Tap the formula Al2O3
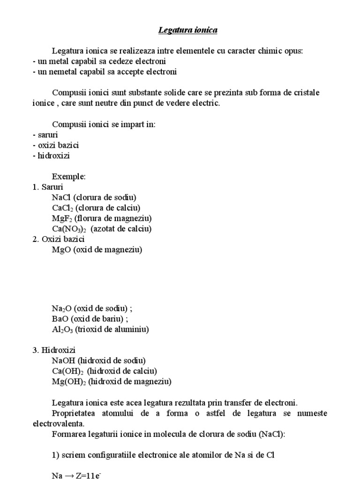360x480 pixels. (62, 330)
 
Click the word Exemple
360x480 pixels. (69, 176)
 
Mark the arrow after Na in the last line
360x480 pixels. (70, 475)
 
